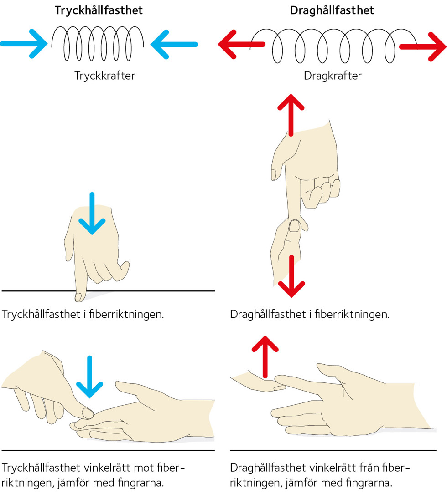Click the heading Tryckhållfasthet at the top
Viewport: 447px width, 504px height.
[x=99, y=10]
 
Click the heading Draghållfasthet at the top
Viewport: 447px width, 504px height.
[x=332, y=10]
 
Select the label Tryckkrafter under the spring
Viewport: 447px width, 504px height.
[x=104, y=76]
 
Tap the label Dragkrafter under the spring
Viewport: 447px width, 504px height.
[x=333, y=76]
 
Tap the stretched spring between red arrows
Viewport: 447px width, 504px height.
[x=332, y=46]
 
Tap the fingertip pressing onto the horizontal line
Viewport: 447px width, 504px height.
[x=78, y=297]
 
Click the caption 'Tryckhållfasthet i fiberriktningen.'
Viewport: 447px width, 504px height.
[x=83, y=315]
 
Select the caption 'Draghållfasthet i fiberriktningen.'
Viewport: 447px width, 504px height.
[x=310, y=315]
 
